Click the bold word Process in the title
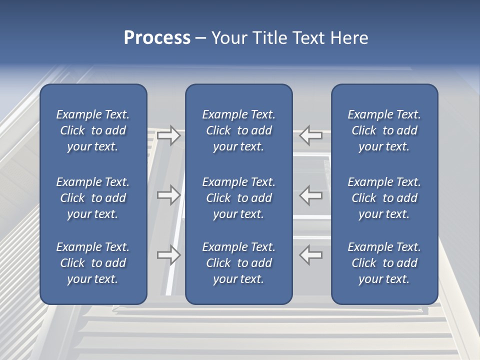point(157,38)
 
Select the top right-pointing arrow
point(168,135)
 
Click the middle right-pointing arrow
point(168,195)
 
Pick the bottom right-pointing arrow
point(168,254)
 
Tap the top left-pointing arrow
point(311,135)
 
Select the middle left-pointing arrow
point(311,195)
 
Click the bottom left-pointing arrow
point(311,254)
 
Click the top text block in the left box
point(93,130)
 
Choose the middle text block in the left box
point(93,198)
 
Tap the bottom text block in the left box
point(93,263)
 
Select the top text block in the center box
point(238,130)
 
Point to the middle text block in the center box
point(238,198)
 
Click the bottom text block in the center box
point(238,263)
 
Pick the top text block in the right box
point(384,130)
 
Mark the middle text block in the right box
point(384,198)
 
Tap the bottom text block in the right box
point(384,263)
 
